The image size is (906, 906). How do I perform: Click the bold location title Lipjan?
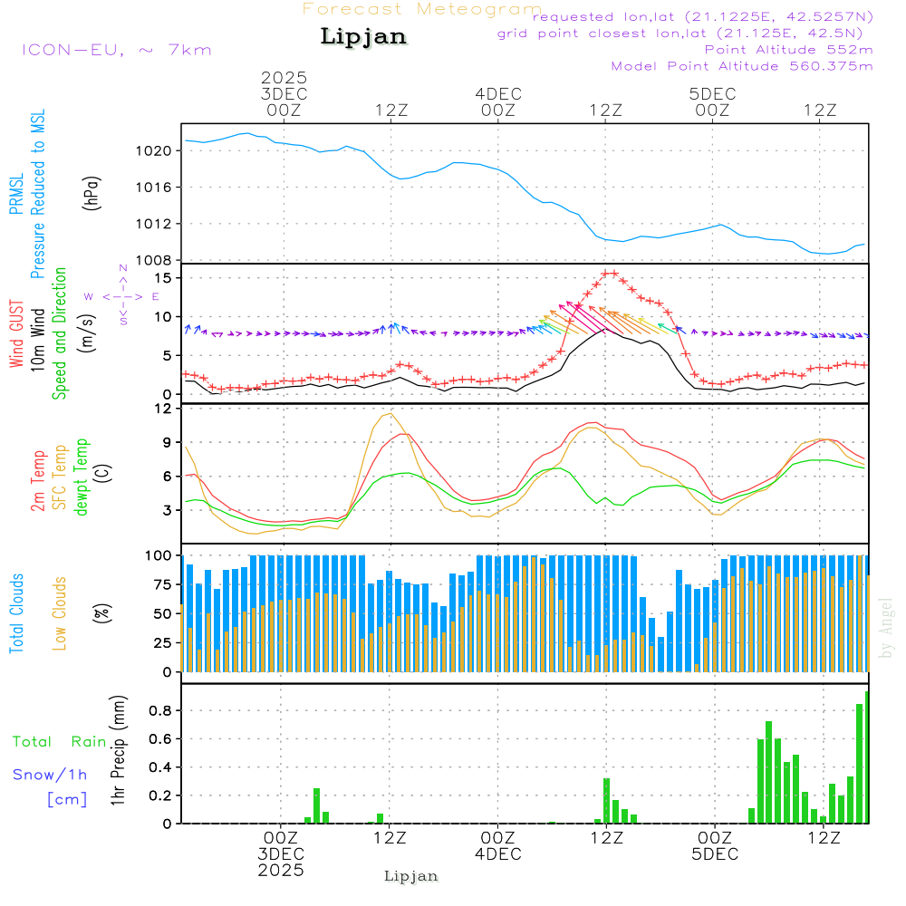pos(363,37)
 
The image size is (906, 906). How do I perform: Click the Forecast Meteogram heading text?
pos(422,9)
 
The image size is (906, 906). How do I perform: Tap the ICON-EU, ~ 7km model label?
pos(117,49)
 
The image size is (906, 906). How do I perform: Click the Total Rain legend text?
pos(60,741)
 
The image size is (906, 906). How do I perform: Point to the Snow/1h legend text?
pos(51,775)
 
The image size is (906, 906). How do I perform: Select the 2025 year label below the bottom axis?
pos(281,871)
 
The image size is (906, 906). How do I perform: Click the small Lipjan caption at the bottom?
pos(411,876)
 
